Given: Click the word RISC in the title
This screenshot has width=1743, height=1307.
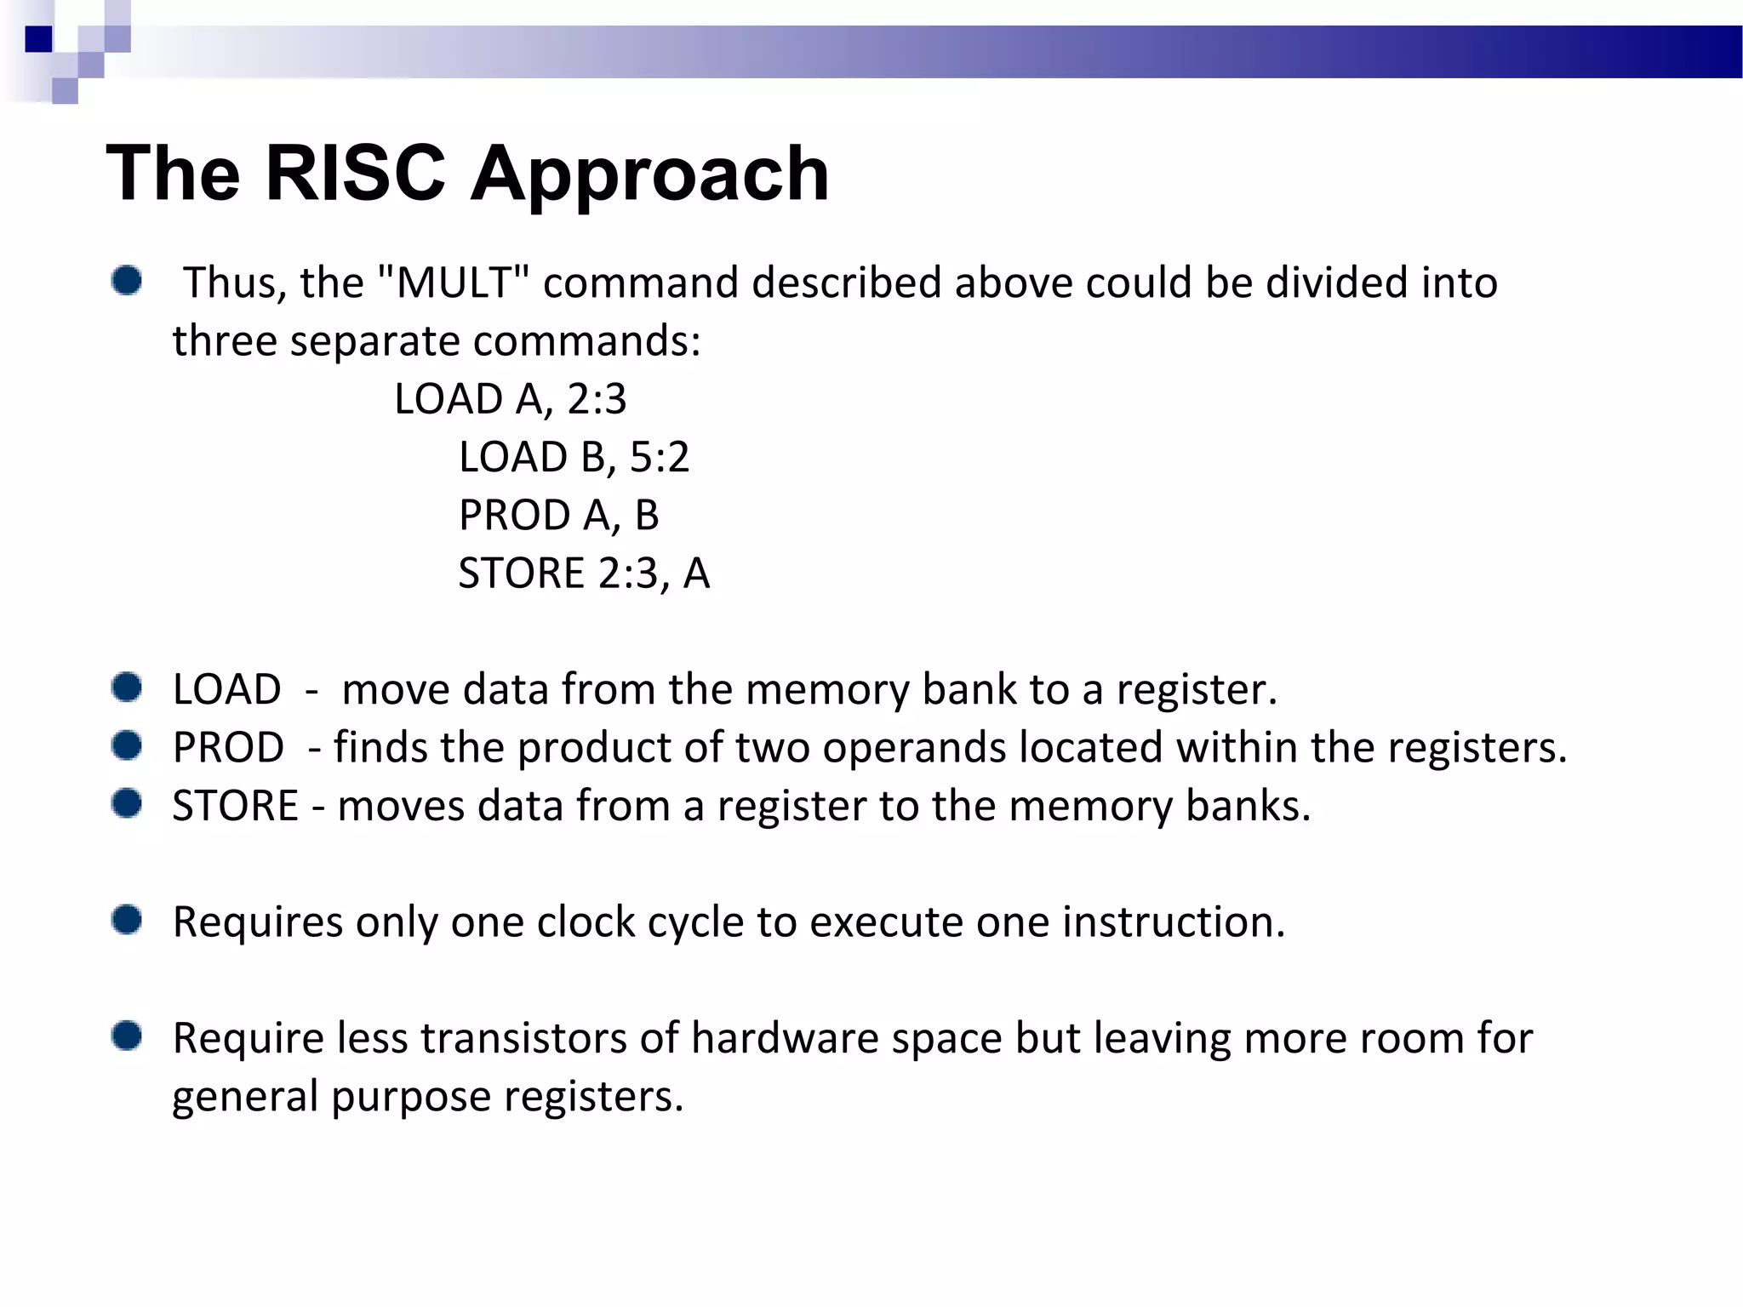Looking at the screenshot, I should [x=356, y=173].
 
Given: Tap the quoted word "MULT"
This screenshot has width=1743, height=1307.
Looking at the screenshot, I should [x=452, y=283].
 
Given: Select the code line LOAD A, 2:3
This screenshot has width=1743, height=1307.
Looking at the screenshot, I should [x=511, y=399].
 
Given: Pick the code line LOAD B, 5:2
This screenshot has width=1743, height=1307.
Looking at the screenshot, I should [x=574, y=457].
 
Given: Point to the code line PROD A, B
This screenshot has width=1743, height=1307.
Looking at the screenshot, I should [x=558, y=515].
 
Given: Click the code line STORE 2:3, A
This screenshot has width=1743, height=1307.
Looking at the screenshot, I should [x=584, y=573].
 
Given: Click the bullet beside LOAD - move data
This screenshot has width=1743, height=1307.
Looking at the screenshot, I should [x=127, y=688].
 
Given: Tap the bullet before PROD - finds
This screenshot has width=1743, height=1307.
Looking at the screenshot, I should [x=127, y=745].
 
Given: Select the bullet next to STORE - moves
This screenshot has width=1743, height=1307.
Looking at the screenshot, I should [x=127, y=803].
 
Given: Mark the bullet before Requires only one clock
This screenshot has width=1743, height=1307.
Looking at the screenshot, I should [x=127, y=920].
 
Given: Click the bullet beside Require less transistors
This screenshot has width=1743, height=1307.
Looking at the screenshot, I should [x=127, y=1036].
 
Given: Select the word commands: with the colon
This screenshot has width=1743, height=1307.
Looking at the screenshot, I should [x=586, y=341].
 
